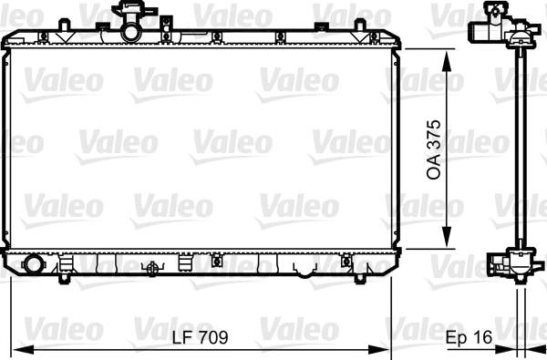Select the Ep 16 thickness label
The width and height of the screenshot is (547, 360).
(469, 337)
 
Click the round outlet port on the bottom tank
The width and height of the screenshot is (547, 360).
(34, 265)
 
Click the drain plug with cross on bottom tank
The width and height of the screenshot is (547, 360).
(152, 269)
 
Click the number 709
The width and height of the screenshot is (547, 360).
(212, 337)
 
